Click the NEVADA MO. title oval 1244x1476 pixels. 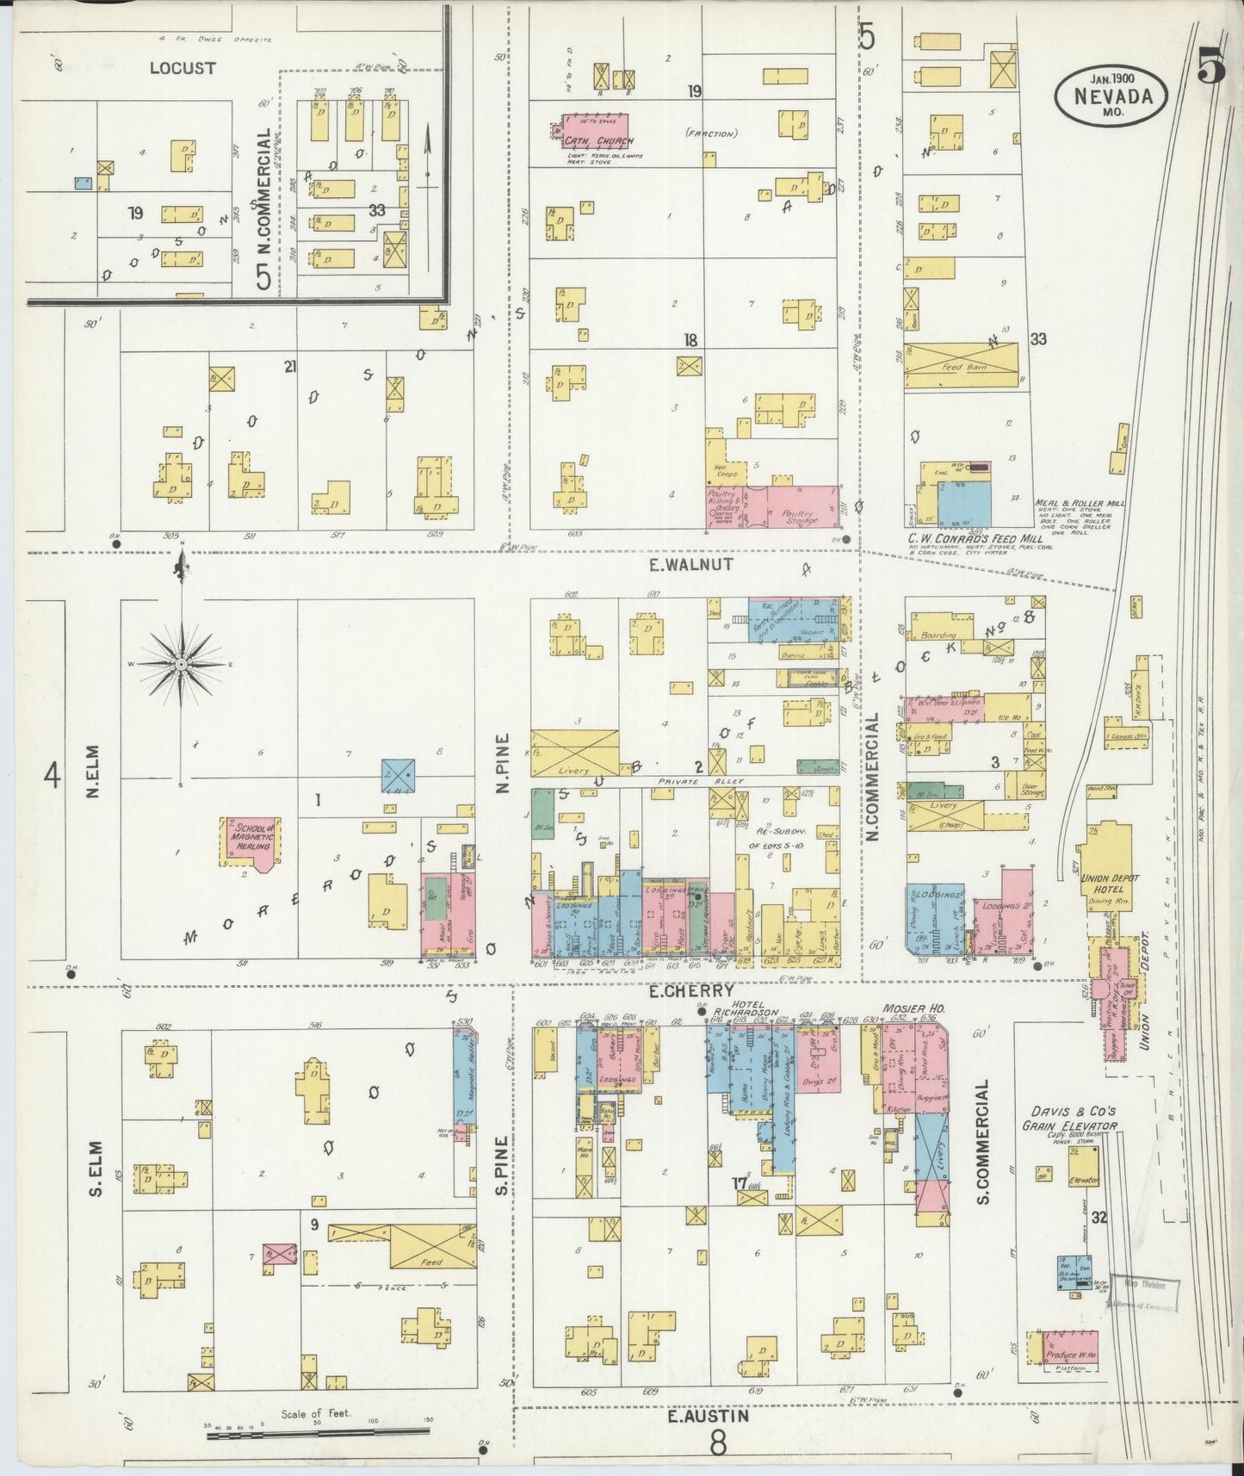[1111, 89]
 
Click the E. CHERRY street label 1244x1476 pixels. [691, 990]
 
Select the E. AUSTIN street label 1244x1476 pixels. [708, 1415]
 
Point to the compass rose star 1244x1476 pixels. [182, 665]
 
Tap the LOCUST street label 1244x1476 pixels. [182, 67]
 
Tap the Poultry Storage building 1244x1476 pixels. [796, 508]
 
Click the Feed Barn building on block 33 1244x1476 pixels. [960, 367]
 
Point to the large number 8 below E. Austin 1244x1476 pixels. [718, 1442]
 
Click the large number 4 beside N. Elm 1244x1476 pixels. [53, 777]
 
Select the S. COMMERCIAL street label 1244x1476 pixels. [984, 1142]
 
